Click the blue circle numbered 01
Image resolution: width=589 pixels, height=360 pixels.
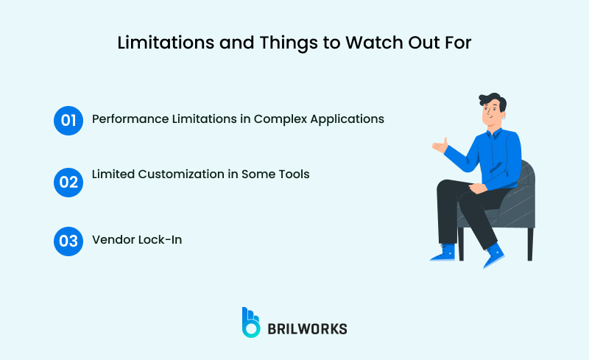68,120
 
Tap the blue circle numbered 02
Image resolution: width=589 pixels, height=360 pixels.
68,181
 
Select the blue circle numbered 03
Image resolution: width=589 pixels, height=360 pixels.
68,241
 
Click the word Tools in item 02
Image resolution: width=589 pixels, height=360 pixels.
292,174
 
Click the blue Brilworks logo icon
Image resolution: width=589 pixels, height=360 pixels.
250,322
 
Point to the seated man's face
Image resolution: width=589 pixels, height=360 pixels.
492,114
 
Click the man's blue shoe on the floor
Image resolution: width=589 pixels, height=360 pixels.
443,253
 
